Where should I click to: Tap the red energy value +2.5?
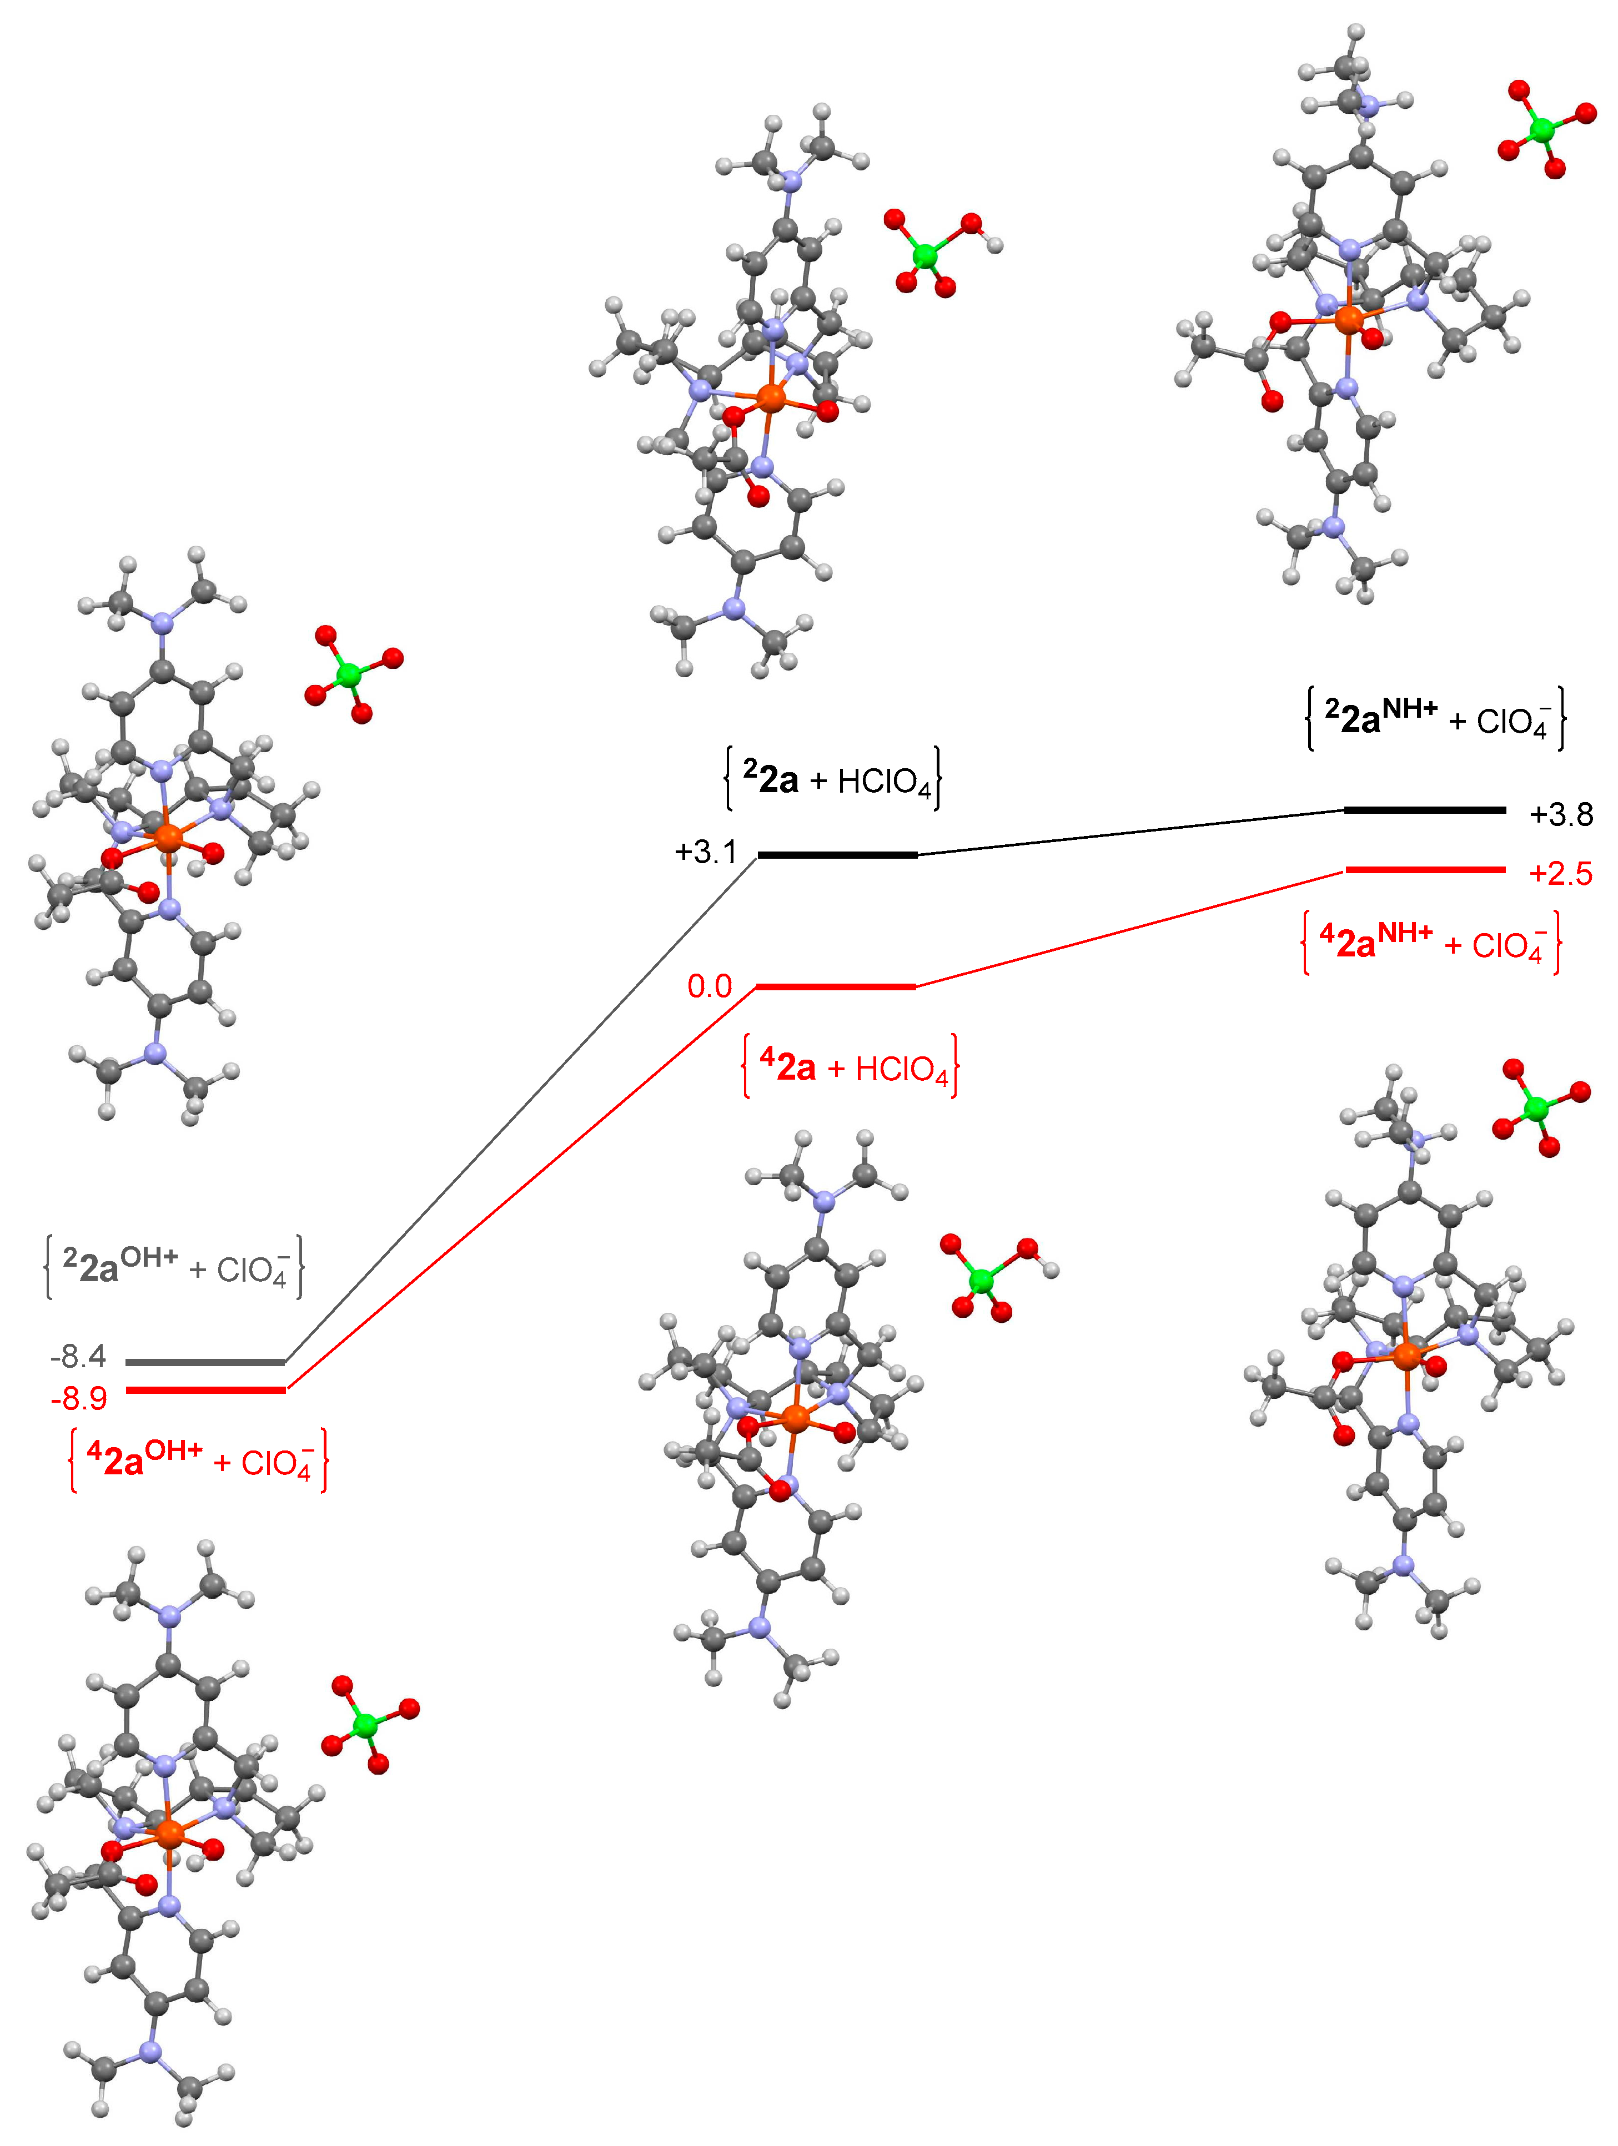click(1560, 874)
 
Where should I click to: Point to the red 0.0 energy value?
click(710, 986)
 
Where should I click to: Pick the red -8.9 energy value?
click(79, 1398)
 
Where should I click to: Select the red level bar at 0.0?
click(836, 986)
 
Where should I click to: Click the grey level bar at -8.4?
click(205, 1362)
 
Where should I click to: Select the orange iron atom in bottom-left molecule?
click(169, 1832)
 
